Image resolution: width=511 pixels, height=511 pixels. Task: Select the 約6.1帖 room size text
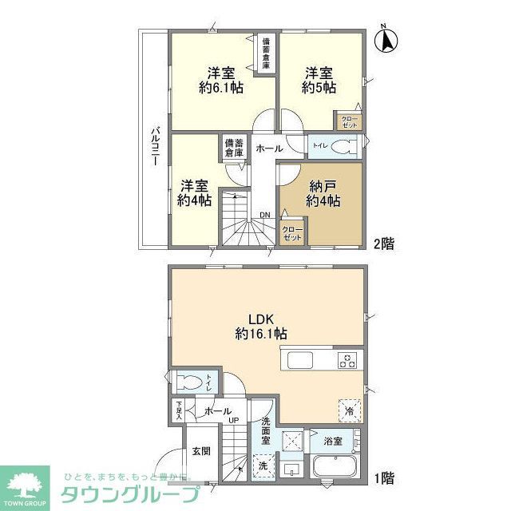(x=221, y=89)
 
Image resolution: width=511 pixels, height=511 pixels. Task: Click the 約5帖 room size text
(x=319, y=88)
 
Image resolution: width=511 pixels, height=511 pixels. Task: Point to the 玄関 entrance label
(x=201, y=452)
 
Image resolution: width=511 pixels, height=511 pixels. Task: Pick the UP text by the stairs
(x=235, y=421)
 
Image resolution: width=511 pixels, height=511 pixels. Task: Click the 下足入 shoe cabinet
(x=179, y=410)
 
